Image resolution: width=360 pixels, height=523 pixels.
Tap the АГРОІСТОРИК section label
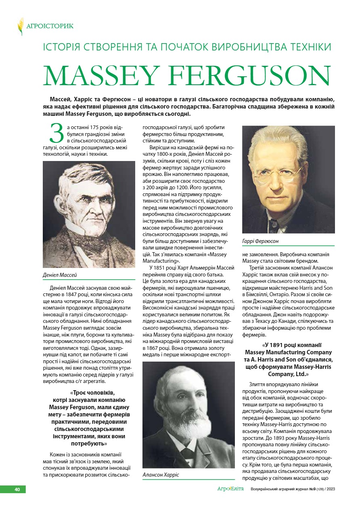click(50, 27)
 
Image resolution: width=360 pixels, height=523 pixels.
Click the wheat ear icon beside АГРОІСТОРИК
click(20, 26)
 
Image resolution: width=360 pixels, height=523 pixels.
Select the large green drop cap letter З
click(57, 133)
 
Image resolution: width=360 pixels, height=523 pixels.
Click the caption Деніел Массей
click(60, 275)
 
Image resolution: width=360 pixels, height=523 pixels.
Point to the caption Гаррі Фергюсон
click(260, 241)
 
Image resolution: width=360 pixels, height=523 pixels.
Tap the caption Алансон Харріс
click(161, 475)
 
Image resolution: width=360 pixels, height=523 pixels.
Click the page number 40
click(17, 489)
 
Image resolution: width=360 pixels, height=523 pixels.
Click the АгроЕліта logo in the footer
click(230, 489)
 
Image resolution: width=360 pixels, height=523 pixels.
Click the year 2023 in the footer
click(331, 490)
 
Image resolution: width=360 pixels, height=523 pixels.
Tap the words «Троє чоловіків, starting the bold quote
click(92, 392)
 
